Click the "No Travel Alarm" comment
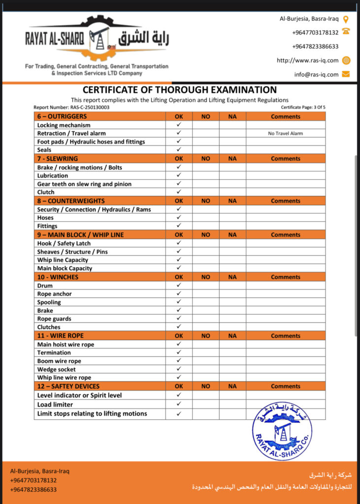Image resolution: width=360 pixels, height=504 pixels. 285,133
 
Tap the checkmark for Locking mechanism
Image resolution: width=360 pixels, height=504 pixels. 179,125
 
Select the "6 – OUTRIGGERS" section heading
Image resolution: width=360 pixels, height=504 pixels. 62,117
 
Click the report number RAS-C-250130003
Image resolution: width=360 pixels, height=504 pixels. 71,107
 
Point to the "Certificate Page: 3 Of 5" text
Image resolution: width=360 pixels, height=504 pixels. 303,107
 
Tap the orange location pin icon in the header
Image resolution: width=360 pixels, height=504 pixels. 346,19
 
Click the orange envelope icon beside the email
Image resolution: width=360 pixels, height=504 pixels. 346,74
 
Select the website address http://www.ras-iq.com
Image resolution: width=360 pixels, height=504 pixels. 307,61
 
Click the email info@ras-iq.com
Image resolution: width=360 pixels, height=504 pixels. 316,74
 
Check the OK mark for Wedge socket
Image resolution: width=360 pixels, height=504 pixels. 179,369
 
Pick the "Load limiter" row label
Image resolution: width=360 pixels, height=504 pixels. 55,405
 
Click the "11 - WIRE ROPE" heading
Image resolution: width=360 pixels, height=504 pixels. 61,336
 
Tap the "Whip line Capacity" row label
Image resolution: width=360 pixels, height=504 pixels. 63,260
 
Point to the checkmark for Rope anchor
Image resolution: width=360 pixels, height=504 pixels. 179,294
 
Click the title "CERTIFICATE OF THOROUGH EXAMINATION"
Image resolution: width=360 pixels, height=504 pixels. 179,90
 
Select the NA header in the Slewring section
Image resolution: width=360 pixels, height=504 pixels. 232,158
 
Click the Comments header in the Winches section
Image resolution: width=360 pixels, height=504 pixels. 285,277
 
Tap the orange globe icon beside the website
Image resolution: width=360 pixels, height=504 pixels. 346,61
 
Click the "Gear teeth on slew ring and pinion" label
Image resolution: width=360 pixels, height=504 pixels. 84,184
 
